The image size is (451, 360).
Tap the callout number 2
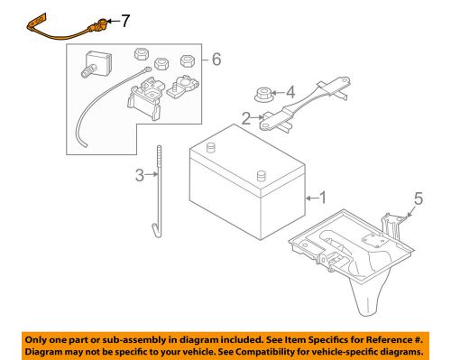click(245, 116)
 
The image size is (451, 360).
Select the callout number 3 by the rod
click(140, 176)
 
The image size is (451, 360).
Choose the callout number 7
click(125, 19)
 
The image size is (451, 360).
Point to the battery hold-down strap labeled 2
click(298, 108)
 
